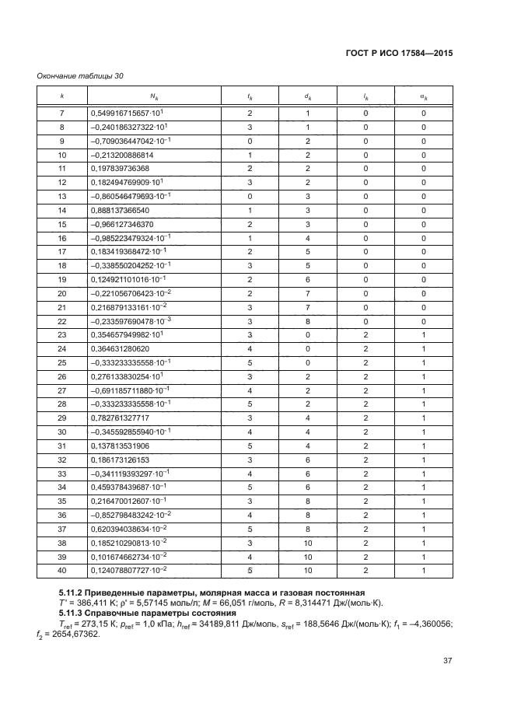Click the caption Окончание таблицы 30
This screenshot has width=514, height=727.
pyautogui.click(x=80, y=76)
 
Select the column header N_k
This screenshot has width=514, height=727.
pyautogui.click(x=153, y=97)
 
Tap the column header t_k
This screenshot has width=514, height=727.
pyautogui.click(x=250, y=97)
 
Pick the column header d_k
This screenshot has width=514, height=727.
pyautogui.click(x=308, y=97)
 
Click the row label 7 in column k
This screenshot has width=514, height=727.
pyautogui.click(x=62, y=114)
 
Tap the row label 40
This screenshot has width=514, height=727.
pyautogui.click(x=62, y=570)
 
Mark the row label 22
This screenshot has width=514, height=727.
pyautogui.click(x=62, y=320)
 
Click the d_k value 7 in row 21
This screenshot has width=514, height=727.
pyautogui.click(x=308, y=307)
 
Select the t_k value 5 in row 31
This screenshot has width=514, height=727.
pyautogui.click(x=250, y=446)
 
